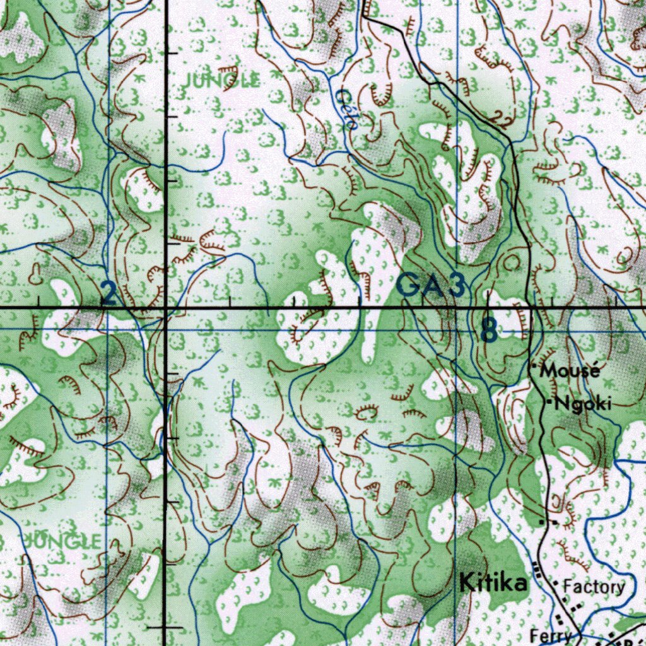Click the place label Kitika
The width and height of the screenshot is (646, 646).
tap(493, 582)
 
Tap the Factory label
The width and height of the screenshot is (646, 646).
tap(594, 587)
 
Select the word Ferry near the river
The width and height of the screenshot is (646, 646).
tap(551, 636)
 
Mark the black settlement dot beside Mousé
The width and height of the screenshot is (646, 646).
tap(534, 366)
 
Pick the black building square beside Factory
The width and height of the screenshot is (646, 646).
tap(555, 585)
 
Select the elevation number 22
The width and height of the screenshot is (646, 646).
tap(502, 120)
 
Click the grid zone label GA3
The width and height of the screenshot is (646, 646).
tap(432, 286)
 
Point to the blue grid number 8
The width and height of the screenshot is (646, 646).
tap(488, 330)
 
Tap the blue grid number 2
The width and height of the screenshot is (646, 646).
tap(109, 294)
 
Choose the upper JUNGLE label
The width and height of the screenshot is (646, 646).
tap(221, 80)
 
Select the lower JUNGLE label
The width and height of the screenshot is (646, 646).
tap(62, 541)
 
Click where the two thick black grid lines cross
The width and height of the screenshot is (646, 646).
tap(165, 308)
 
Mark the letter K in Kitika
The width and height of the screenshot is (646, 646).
tap(467, 582)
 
